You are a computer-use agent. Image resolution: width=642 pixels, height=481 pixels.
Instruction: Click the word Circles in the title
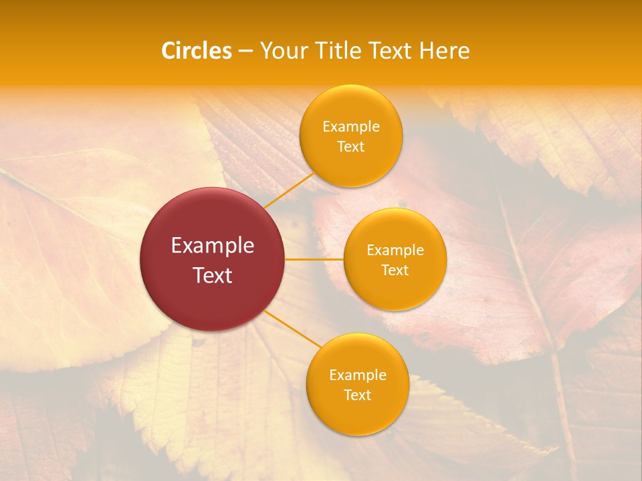coord(196,51)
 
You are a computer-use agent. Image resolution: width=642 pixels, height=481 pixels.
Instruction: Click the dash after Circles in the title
coord(245,51)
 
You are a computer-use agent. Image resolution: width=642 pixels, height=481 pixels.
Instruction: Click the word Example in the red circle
coord(213,246)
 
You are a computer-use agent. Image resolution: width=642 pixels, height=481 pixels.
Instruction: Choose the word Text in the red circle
coord(213,275)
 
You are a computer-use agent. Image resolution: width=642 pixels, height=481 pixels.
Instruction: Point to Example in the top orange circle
coord(350,127)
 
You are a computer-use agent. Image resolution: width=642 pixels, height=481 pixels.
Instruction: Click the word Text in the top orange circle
coord(350,147)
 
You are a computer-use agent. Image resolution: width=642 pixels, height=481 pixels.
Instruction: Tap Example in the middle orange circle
coord(395,251)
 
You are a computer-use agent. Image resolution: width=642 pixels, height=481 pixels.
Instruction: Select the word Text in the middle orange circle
coord(395,271)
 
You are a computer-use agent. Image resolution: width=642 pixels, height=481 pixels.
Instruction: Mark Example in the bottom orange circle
coord(357,375)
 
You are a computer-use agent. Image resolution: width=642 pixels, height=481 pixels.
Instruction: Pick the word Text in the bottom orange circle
coord(357,395)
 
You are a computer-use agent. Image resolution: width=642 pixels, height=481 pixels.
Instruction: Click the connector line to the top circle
coord(289,190)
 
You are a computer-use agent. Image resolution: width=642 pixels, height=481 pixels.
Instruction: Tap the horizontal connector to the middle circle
coord(314,259)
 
